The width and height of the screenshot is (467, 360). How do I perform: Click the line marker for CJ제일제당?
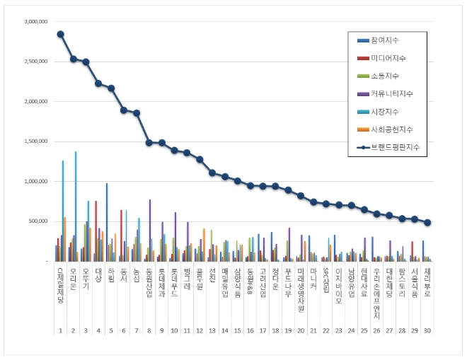tap(61, 34)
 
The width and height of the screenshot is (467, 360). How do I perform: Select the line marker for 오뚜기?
tap(86, 62)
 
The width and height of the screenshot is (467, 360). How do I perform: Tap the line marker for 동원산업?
tap(149, 142)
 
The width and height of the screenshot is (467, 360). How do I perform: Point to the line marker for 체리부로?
tap(427, 222)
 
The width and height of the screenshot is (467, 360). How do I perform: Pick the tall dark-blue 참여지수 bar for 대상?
tap(107, 222)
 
